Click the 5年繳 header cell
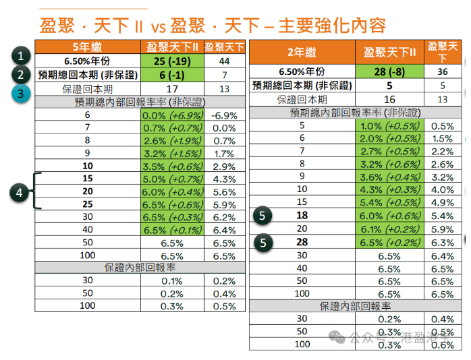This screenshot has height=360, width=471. click(86, 47)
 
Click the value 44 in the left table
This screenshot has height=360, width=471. click(223, 61)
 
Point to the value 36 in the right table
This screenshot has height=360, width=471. click(442, 71)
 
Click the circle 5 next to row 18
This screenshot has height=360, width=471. click(264, 215)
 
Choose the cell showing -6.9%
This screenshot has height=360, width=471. click(223, 115)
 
